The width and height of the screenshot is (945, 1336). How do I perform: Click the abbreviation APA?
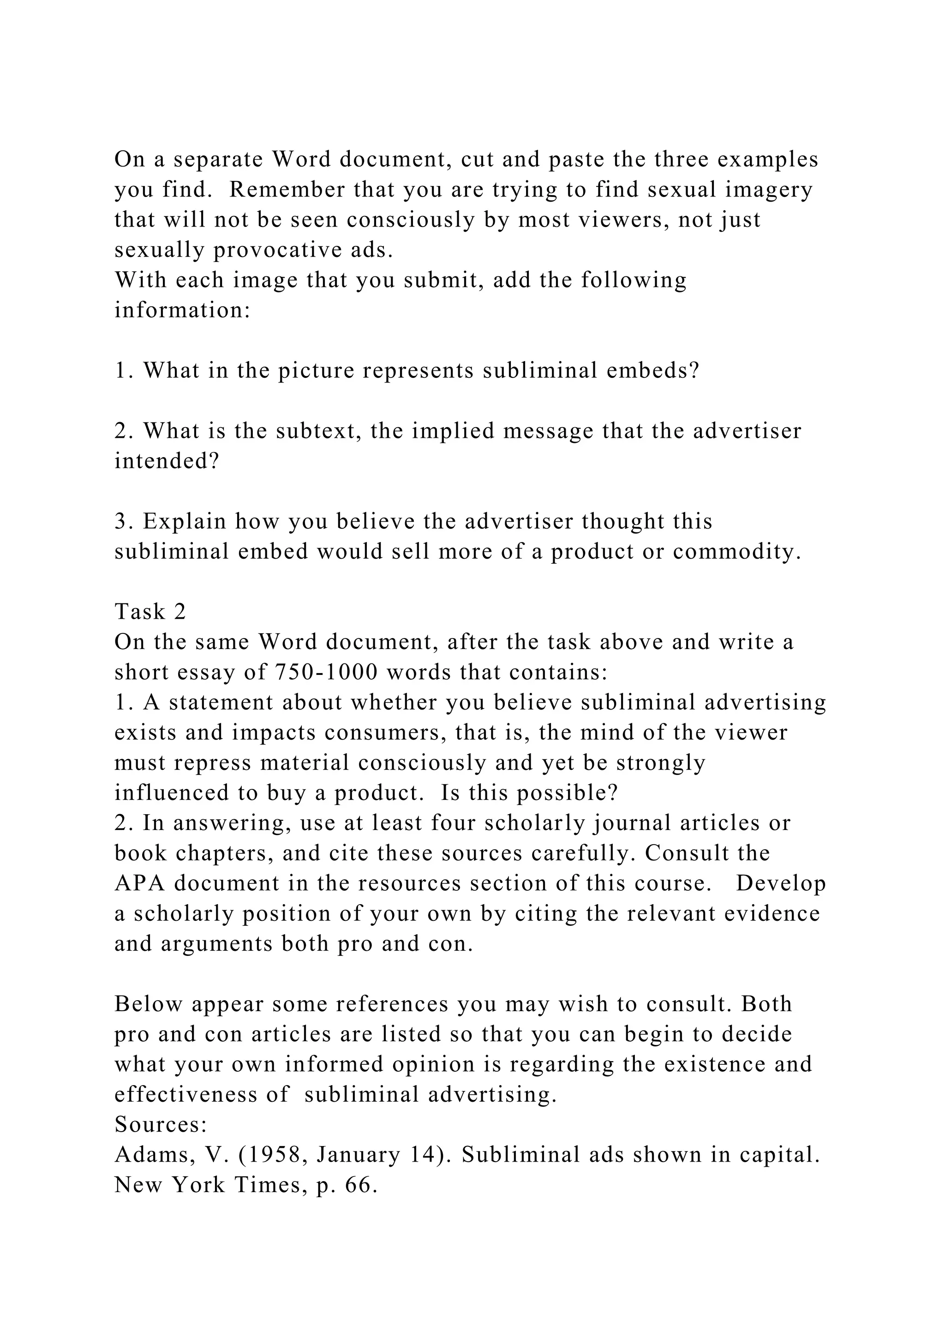pos(140,884)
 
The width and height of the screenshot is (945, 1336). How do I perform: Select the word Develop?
pos(781,884)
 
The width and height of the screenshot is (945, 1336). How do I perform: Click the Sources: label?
pos(161,1125)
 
